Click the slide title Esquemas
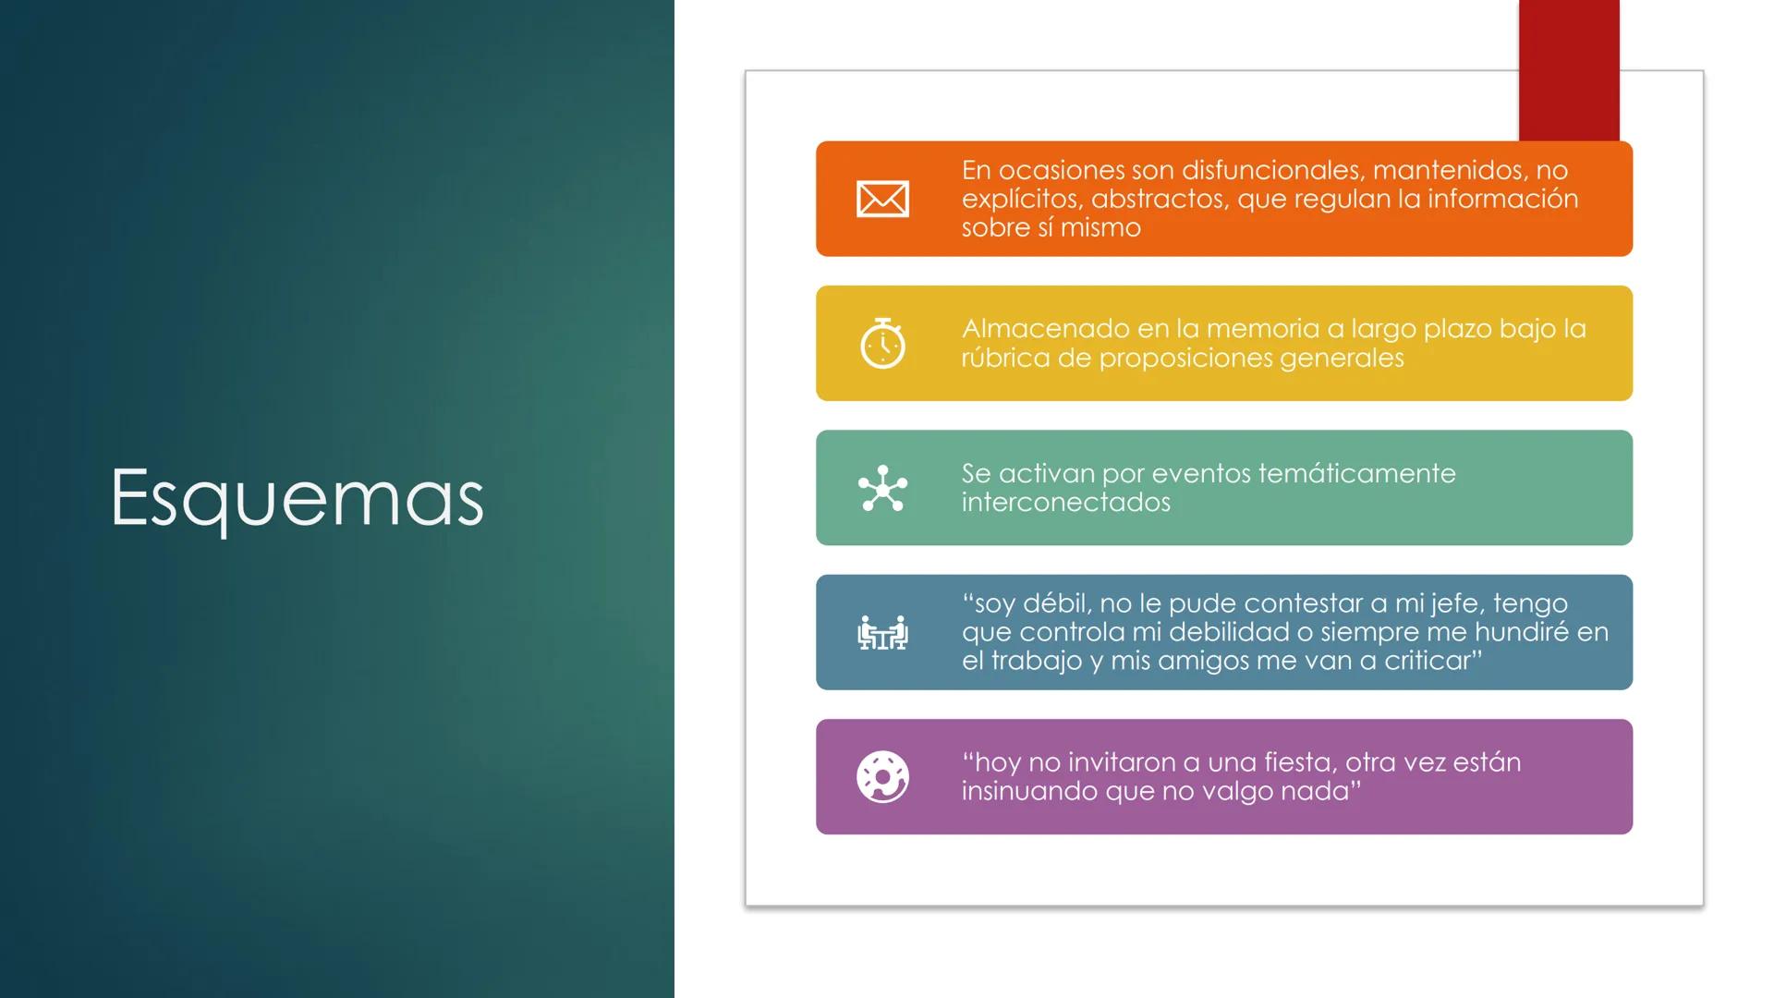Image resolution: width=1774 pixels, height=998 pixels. (297, 498)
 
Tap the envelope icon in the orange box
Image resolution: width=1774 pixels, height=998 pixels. (882, 199)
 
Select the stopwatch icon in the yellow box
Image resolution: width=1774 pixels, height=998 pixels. (882, 344)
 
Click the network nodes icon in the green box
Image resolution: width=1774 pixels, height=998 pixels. (882, 488)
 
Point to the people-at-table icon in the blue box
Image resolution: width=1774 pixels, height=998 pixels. (882, 632)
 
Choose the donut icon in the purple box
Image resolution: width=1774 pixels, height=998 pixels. (882, 776)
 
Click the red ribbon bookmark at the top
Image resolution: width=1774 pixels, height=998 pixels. (1569, 70)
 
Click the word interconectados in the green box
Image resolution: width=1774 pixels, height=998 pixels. (1065, 502)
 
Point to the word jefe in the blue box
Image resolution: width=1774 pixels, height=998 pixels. (1457, 603)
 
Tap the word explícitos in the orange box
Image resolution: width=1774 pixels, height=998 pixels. (1023, 199)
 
